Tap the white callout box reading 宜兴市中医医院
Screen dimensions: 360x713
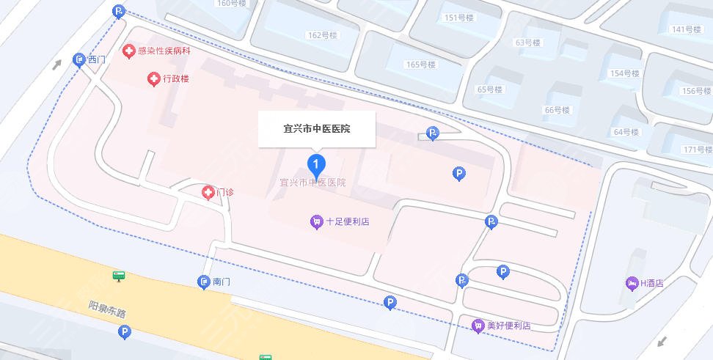(x=316, y=129)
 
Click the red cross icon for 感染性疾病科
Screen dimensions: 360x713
(x=129, y=51)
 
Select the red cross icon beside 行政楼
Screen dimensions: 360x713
(x=154, y=78)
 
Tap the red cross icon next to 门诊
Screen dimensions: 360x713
(x=209, y=192)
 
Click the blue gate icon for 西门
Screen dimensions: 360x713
(x=79, y=60)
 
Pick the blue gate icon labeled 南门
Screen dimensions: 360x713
(x=204, y=282)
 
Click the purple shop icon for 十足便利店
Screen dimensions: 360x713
(x=316, y=221)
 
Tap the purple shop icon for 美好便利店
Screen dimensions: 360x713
(x=478, y=326)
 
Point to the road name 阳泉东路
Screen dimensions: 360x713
(x=107, y=308)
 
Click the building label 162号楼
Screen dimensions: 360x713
(x=322, y=35)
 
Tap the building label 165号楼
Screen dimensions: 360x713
(x=421, y=65)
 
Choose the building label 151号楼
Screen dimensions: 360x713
(x=461, y=18)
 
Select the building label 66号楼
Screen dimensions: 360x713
(x=557, y=110)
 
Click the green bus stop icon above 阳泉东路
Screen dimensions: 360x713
(x=119, y=276)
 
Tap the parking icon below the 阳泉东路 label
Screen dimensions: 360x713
(x=124, y=333)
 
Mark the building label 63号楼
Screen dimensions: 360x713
(x=527, y=43)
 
